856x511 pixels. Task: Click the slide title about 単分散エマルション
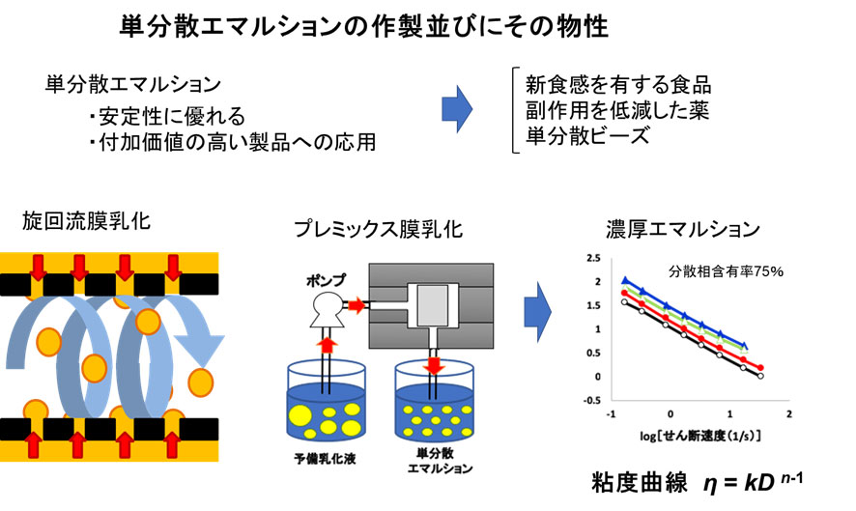click(366, 25)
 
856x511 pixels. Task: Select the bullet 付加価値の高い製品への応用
click(231, 143)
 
